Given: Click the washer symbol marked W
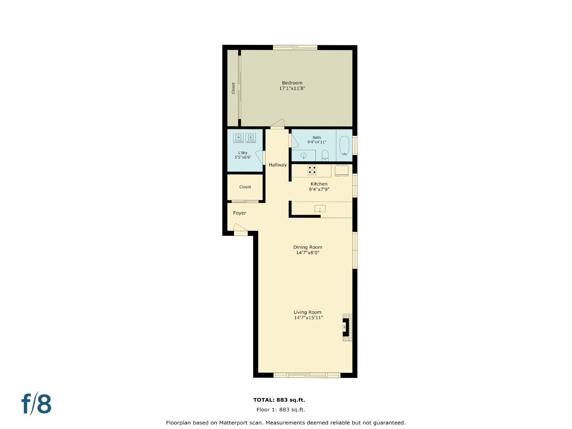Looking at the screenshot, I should (238, 138).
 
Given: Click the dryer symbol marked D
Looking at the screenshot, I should (251, 138).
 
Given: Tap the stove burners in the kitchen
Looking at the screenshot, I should (312, 170).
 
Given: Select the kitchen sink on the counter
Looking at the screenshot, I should (320, 209).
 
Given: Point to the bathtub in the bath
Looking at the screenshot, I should (344, 145).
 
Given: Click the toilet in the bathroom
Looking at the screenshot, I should (325, 155).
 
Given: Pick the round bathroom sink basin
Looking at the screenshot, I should (304, 155).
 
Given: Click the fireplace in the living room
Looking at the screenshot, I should (346, 327).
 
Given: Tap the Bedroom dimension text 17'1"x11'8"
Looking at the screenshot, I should (292, 89).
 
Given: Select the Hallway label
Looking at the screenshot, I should (277, 165).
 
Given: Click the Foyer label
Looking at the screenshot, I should (240, 213).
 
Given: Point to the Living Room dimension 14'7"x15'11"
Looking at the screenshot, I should (308, 318).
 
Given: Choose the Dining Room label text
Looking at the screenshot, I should (307, 247).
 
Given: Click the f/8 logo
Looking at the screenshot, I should (37, 404).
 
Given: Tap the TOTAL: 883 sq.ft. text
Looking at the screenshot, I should (279, 400).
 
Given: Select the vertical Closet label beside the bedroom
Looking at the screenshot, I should (233, 88).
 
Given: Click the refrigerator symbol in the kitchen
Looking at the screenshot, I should (342, 170).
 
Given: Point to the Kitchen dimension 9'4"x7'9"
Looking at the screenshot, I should (319, 189).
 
